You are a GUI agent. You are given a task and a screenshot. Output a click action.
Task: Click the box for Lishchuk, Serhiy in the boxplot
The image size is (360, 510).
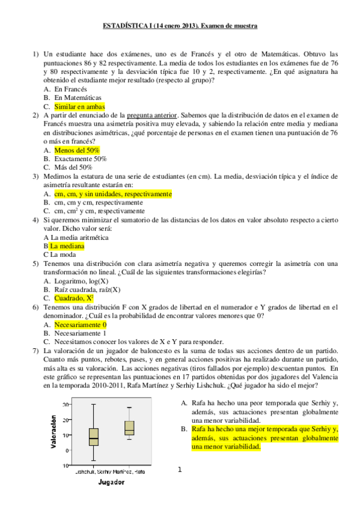coord(94,437)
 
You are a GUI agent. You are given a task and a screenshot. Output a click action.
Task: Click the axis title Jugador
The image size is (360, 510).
coord(112,482)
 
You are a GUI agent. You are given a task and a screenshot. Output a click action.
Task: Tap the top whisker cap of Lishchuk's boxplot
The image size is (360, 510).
coord(94,404)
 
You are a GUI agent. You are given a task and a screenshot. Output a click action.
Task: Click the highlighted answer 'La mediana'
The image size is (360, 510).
coord(67,246)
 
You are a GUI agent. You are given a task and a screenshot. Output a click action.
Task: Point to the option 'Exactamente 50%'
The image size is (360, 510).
coord(81,159)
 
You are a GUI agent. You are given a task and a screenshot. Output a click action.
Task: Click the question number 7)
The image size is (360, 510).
coord(35,349)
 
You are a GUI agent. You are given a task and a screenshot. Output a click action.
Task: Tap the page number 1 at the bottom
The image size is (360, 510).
coord(179,470)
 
